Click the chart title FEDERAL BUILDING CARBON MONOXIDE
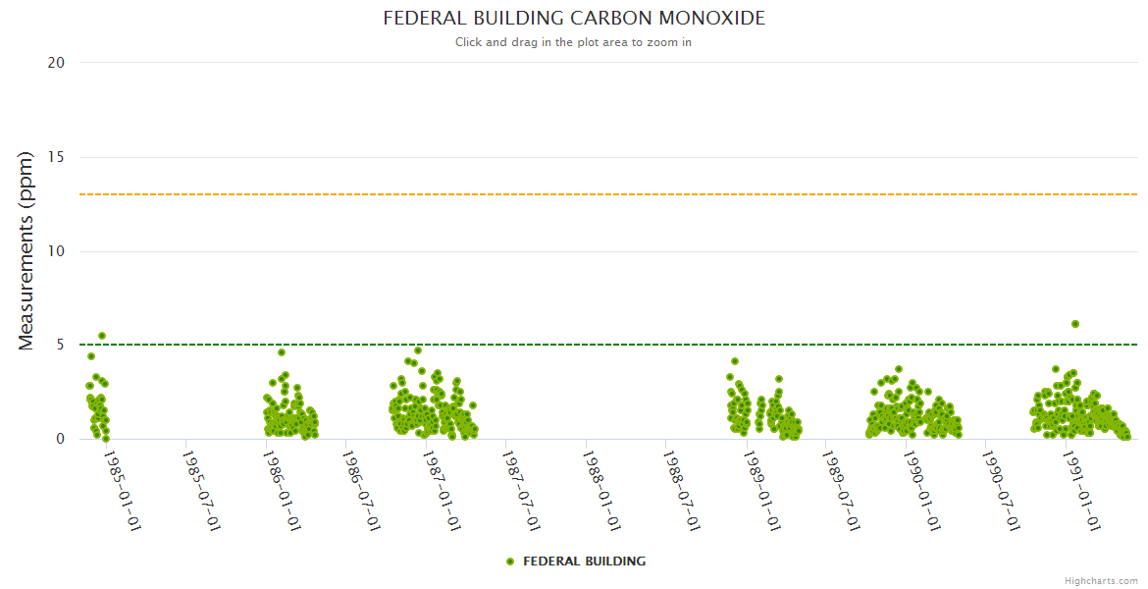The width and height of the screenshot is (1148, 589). (573, 19)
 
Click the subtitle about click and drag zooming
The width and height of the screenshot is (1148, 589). (573, 42)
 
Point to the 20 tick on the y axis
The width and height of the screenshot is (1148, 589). (56, 63)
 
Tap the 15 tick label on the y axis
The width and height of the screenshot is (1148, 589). (56, 157)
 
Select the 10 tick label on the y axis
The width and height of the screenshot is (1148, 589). (56, 251)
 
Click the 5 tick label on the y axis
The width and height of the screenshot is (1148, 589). (60, 346)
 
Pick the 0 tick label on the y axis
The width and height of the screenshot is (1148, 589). (60, 440)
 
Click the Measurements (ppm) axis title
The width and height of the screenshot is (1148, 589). (26, 250)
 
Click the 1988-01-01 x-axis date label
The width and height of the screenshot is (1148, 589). (602, 491)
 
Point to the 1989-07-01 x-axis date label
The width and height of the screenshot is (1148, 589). (842, 491)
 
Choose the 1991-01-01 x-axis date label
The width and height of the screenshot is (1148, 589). (1082, 491)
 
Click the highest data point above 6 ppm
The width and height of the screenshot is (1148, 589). (1075, 324)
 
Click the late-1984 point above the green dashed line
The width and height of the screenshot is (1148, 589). (102, 336)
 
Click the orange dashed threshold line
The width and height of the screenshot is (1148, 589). (589, 194)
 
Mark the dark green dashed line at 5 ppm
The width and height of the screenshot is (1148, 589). (589, 345)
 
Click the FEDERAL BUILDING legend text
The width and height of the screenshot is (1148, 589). (584, 562)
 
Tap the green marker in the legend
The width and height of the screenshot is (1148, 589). (510, 562)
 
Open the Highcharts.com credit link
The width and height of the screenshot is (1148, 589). (1101, 581)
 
